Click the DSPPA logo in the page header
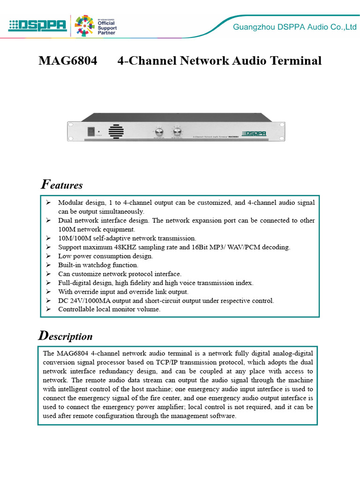pyautogui.click(x=37, y=25)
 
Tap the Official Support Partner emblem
pyautogui.click(x=96, y=25)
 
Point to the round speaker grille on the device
pyautogui.click(x=117, y=131)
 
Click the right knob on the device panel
pyautogui.click(x=177, y=131)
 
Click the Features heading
pyautogui.click(x=62, y=185)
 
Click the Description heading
pyautogui.click(x=65, y=336)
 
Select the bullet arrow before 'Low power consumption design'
pyautogui.click(x=48, y=256)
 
